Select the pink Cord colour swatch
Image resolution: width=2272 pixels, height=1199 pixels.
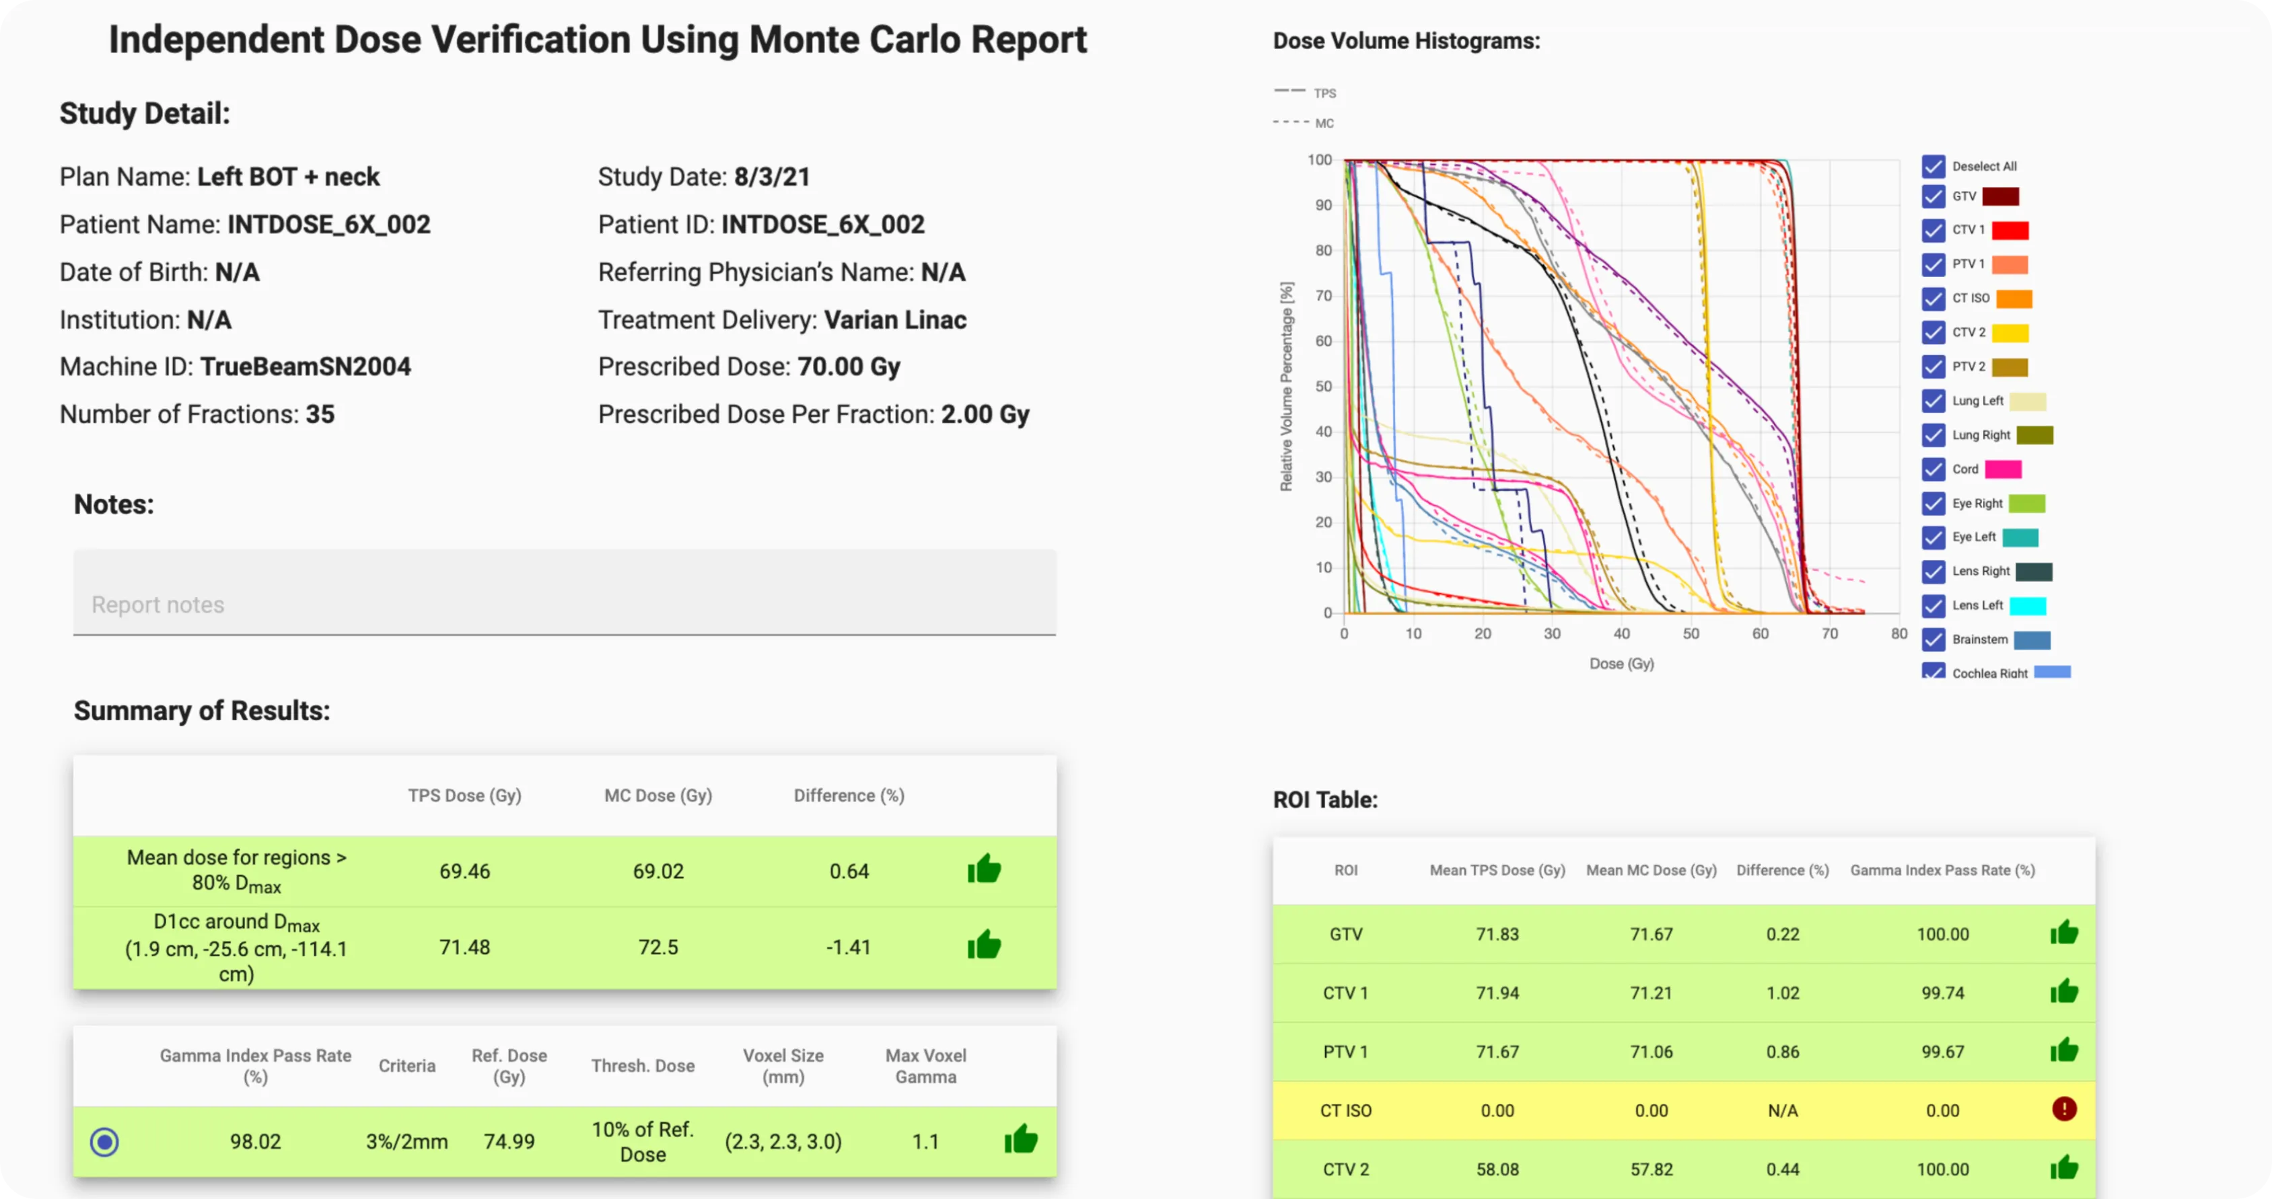(2003, 469)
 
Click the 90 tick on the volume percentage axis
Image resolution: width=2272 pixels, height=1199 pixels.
(1323, 205)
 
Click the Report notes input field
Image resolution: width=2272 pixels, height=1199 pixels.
(565, 603)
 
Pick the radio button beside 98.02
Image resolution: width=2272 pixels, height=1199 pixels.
(104, 1142)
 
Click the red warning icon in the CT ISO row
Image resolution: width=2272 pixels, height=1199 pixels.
(2064, 1109)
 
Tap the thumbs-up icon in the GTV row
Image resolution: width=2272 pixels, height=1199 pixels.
(2064, 933)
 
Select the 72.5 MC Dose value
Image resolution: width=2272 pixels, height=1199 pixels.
(658, 947)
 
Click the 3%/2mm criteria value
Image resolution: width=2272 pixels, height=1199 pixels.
(406, 1142)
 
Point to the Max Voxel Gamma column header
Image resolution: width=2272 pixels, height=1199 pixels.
(925, 1066)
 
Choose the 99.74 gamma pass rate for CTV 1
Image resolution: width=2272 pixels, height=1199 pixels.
(1942, 993)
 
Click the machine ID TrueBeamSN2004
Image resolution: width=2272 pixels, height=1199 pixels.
(305, 366)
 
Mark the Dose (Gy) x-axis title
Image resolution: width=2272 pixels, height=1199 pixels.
(1621, 664)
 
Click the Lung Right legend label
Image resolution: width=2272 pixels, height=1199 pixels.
(1981, 434)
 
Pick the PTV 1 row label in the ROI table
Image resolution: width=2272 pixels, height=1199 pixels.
(1345, 1052)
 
